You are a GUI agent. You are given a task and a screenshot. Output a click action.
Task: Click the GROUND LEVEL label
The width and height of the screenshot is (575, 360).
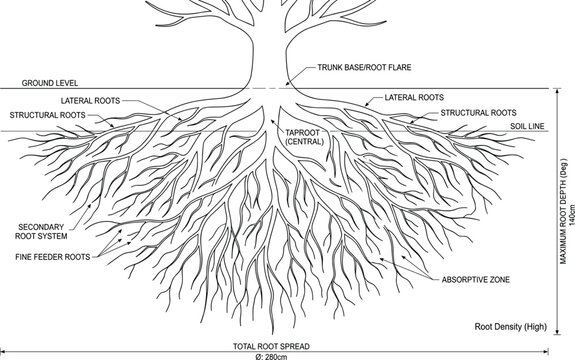(50, 83)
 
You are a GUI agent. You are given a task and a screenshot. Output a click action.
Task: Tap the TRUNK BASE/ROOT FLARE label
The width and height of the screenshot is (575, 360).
(364, 67)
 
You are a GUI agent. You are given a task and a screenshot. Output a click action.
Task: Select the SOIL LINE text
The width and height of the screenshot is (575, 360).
(527, 126)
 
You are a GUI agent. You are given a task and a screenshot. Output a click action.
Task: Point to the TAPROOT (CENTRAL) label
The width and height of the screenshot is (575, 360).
(304, 137)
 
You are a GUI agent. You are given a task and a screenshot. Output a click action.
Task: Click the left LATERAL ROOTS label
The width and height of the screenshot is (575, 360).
(91, 101)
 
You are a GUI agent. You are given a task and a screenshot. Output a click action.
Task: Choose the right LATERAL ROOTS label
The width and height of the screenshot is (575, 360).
(414, 98)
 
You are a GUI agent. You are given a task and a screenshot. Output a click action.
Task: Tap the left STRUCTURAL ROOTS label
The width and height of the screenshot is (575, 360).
(48, 115)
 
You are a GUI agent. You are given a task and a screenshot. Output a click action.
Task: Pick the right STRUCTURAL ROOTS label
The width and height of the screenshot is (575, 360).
(478, 113)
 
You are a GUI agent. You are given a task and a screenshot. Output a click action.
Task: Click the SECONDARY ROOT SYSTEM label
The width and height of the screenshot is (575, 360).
(41, 232)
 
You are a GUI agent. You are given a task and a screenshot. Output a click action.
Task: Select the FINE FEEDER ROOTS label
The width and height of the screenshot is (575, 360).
(53, 257)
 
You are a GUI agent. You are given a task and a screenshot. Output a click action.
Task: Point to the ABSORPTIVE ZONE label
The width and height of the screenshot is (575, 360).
(476, 280)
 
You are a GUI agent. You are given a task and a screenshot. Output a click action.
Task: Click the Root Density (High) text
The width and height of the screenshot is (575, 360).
(511, 327)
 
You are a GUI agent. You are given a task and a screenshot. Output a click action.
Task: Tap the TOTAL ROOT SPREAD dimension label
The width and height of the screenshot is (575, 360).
(271, 346)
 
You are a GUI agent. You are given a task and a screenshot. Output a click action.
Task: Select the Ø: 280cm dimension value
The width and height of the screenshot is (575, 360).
(271, 357)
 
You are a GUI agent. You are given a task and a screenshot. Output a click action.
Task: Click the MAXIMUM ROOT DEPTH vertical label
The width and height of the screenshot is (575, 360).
(563, 211)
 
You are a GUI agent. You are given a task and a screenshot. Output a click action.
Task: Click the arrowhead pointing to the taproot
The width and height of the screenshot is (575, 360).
(272, 121)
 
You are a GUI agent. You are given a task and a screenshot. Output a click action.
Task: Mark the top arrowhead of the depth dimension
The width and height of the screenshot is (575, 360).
(557, 91)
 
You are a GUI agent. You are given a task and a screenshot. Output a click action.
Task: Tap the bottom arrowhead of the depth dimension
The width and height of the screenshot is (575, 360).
(557, 332)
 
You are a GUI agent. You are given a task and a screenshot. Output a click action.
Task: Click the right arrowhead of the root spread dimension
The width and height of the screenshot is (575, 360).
(546, 352)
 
